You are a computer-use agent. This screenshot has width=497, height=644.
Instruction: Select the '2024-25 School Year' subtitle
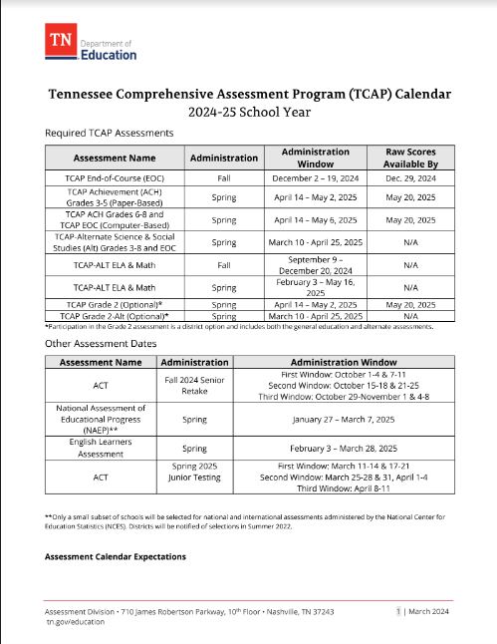[248, 112]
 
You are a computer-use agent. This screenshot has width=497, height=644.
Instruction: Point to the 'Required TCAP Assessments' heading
[110, 133]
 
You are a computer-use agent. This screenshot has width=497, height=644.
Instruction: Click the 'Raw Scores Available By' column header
[410, 158]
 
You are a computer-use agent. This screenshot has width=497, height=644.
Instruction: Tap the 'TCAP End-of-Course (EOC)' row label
[115, 176]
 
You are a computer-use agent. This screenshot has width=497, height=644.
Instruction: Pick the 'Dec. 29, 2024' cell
[410, 176]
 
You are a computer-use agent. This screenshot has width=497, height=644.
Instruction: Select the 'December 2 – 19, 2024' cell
[314, 176]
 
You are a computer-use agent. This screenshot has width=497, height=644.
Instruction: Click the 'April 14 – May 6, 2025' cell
[314, 219]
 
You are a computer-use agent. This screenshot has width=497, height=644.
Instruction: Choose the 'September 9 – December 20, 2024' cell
[314, 265]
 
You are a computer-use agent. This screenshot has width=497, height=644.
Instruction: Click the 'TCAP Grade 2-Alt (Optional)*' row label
[115, 316]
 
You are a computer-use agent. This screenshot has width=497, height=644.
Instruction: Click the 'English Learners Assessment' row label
[115, 449]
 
